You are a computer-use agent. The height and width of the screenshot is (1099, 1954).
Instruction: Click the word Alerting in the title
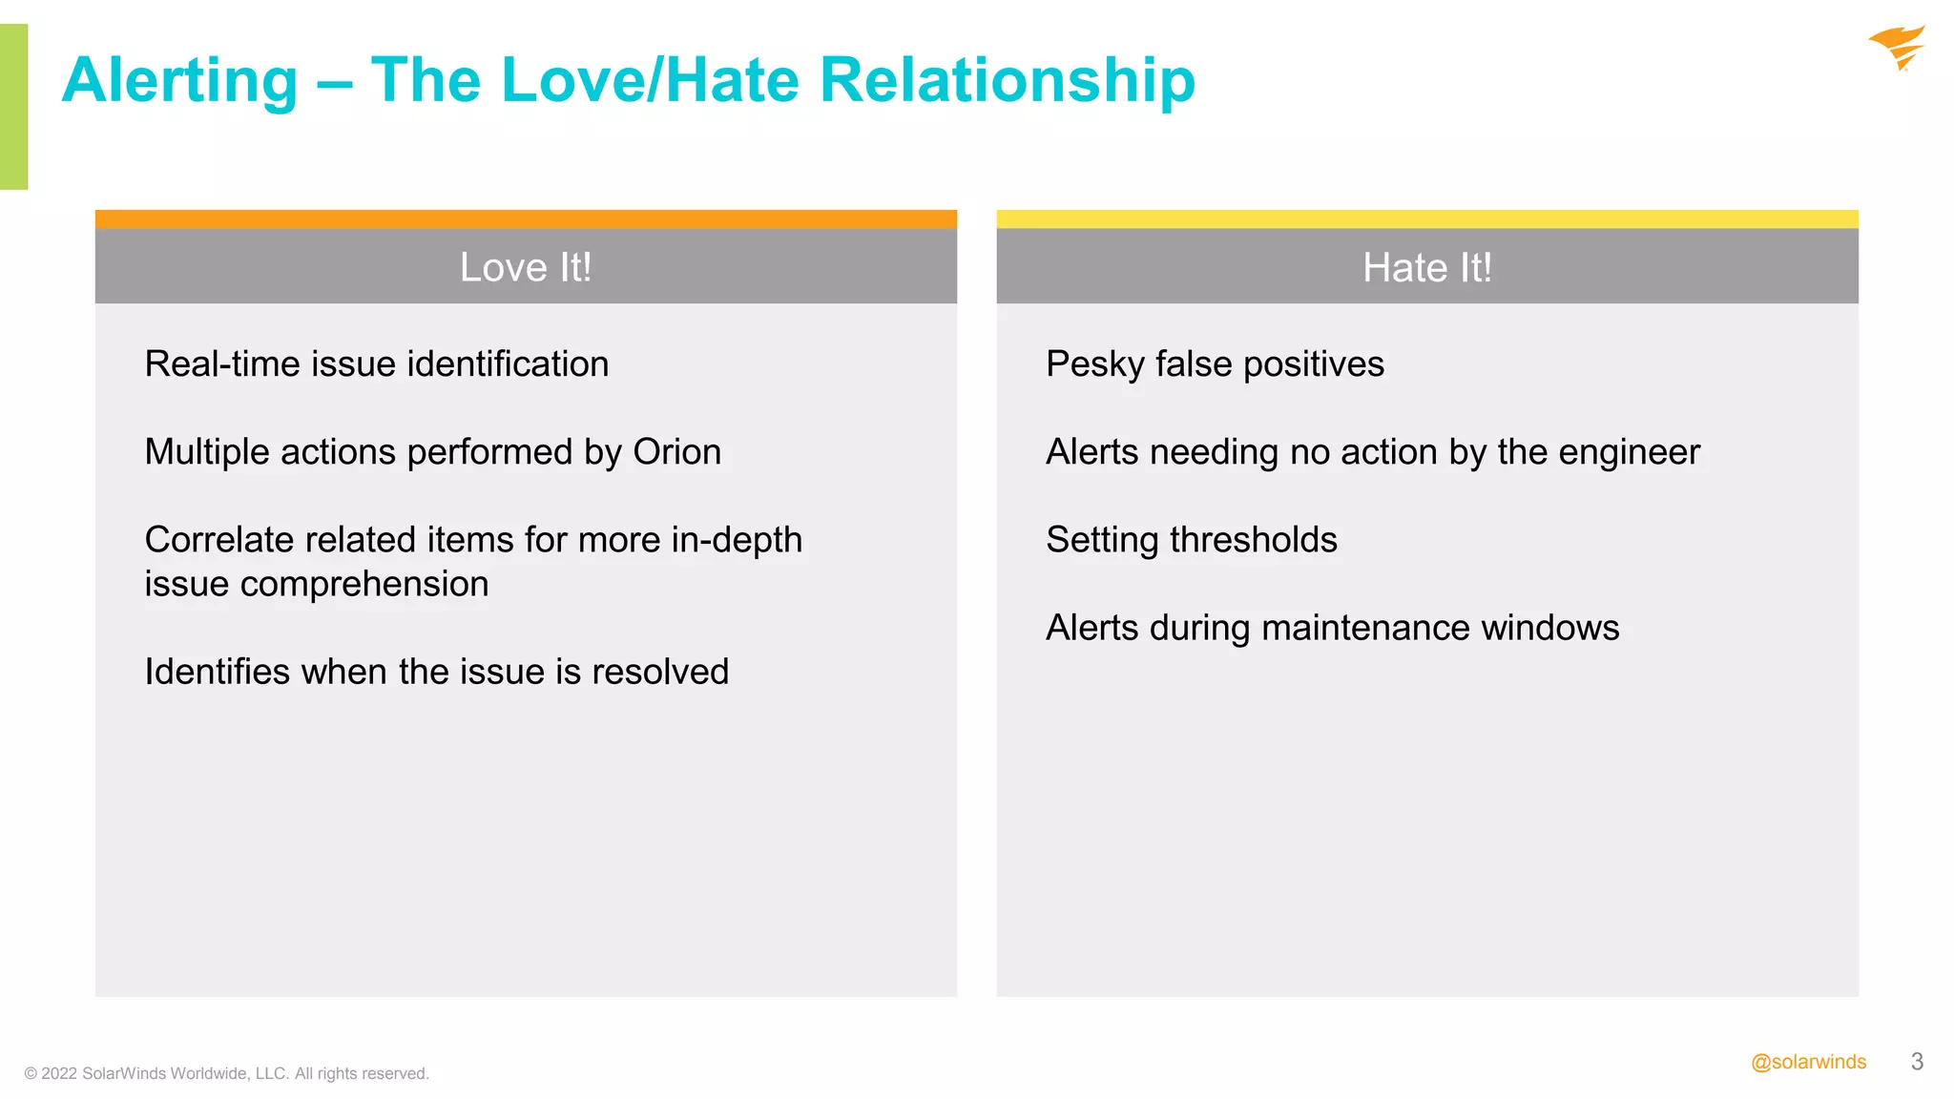180,80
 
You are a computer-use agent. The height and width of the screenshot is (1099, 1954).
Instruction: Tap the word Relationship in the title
1007,80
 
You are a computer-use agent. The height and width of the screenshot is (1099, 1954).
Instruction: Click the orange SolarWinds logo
1897,47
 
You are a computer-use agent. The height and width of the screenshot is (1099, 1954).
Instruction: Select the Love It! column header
526,267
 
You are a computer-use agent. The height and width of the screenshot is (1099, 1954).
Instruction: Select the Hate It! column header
1426,267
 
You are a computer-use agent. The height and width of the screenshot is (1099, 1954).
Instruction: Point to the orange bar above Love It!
526,218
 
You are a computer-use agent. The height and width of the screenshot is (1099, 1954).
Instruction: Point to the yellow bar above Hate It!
1426,218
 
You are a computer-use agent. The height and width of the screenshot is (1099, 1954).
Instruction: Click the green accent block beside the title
13,106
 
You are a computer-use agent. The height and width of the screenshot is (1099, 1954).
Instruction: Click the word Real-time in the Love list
222,364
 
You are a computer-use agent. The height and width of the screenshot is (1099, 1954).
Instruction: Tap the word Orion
676,452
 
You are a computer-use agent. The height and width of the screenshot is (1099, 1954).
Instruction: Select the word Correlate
219,540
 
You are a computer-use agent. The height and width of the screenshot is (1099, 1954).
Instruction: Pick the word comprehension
364,584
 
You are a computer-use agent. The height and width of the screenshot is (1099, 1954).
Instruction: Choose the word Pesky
1094,364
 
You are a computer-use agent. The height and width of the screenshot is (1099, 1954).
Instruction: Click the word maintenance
1361,628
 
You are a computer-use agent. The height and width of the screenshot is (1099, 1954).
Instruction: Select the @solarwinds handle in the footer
1808,1062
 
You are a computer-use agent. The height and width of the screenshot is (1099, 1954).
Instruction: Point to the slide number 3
1917,1062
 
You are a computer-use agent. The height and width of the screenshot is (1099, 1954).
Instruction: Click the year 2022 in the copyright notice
59,1073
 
